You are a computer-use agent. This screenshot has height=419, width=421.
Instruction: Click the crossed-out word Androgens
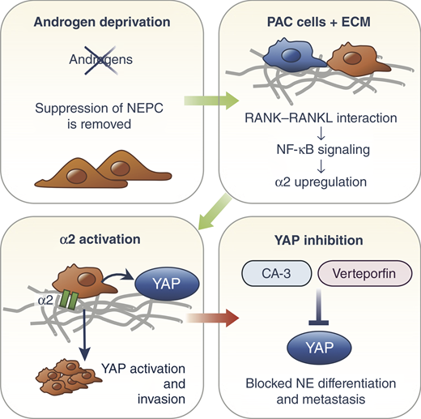click(x=101, y=59)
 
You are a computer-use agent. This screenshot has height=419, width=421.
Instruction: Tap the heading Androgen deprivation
click(x=102, y=22)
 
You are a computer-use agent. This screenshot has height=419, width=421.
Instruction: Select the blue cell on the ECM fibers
click(x=293, y=55)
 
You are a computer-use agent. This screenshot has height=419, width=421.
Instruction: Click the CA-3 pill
click(x=276, y=273)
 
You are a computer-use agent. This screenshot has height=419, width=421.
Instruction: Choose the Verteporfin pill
click(x=365, y=273)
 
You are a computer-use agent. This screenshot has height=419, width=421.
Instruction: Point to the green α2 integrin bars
click(x=69, y=300)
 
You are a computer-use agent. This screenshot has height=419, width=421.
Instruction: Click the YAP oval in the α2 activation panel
click(x=167, y=284)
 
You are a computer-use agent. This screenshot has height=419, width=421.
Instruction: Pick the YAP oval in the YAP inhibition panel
click(x=319, y=348)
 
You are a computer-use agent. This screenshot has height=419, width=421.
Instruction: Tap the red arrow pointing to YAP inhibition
click(x=212, y=318)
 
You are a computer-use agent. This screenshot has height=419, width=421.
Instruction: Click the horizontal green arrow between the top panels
click(x=211, y=100)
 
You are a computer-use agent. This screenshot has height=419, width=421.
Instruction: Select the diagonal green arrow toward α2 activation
click(x=215, y=213)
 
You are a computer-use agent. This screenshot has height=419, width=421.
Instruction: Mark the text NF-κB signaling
click(x=323, y=150)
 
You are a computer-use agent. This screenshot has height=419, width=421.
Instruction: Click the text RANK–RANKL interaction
click(x=321, y=118)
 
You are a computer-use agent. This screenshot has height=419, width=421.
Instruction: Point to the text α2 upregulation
click(x=321, y=182)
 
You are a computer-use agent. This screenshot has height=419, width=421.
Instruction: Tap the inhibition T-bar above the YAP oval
click(x=319, y=307)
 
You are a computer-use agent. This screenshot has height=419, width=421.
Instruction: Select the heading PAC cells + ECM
click(x=319, y=22)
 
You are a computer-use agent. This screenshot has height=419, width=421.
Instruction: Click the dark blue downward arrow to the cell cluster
click(x=85, y=335)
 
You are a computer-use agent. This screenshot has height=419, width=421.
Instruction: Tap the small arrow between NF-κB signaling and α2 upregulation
click(x=321, y=166)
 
